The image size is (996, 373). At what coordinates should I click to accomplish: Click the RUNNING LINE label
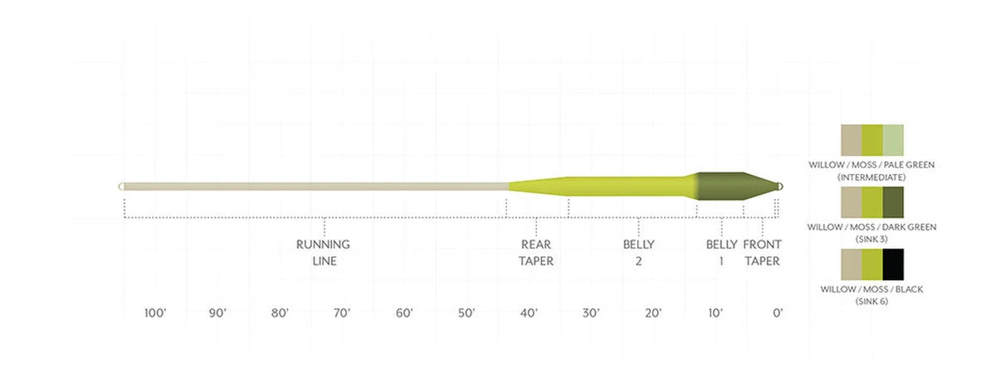(323, 252)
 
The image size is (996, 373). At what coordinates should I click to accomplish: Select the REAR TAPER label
(537, 252)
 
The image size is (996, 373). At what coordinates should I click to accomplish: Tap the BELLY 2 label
(638, 252)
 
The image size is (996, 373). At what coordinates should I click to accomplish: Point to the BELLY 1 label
(721, 252)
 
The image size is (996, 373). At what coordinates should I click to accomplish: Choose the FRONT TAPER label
(762, 252)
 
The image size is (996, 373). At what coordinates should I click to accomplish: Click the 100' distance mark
(155, 313)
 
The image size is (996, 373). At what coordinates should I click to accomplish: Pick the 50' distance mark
(466, 313)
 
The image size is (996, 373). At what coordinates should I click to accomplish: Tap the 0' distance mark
(778, 313)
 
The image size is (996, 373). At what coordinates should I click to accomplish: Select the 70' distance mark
(342, 313)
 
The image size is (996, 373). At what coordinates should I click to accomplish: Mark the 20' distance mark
(653, 313)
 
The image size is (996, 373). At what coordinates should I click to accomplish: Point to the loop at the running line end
(122, 186)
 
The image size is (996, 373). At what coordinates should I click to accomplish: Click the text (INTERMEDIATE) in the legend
(871, 177)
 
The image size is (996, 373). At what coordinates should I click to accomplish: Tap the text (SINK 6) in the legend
(871, 302)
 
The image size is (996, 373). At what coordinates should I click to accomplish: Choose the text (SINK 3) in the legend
(871, 239)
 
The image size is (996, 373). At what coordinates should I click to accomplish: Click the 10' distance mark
(715, 313)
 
